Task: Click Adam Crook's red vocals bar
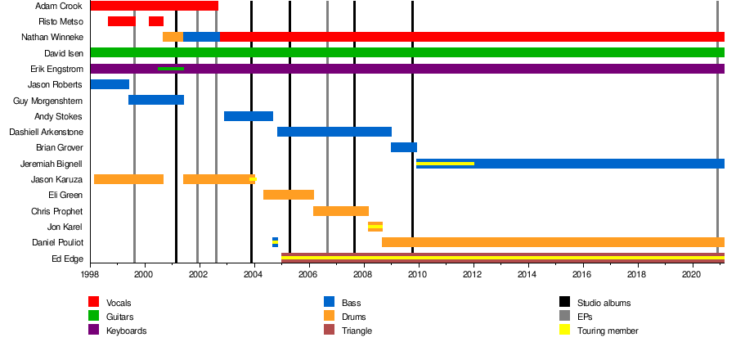click(x=154, y=6)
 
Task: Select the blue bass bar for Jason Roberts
click(x=110, y=84)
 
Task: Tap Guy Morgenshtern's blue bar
click(x=155, y=100)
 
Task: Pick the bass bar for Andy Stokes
click(x=249, y=116)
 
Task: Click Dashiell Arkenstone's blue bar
click(x=334, y=132)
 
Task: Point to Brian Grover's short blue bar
click(x=403, y=147)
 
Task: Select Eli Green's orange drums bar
click(x=289, y=195)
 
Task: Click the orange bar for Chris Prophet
click(x=340, y=211)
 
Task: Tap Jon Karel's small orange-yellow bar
click(x=375, y=227)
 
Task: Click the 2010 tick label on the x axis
click(x=419, y=275)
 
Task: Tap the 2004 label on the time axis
click(x=254, y=275)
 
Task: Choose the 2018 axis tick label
click(x=638, y=275)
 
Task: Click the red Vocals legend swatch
click(x=94, y=302)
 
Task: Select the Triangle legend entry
click(x=357, y=331)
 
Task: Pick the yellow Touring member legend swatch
click(x=565, y=331)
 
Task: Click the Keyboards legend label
click(x=128, y=331)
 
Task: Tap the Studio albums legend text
click(x=604, y=303)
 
